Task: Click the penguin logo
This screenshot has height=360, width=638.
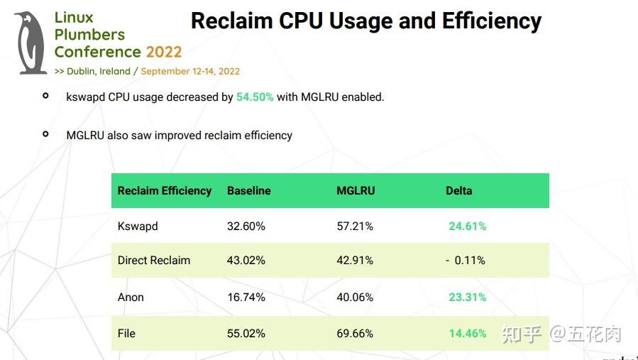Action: (x=31, y=43)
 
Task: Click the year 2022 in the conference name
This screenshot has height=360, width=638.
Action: (x=164, y=52)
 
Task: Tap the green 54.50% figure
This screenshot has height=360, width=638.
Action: (x=255, y=97)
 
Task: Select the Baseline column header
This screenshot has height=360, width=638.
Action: (x=248, y=191)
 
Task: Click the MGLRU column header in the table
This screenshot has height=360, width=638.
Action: (x=356, y=191)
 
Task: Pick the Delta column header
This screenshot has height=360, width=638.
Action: (x=458, y=191)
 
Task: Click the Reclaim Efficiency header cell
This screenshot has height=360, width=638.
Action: (x=165, y=191)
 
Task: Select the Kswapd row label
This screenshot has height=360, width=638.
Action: (x=138, y=227)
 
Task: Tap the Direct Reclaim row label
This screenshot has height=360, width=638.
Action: (x=154, y=261)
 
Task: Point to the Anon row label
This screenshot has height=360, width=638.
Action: (x=131, y=298)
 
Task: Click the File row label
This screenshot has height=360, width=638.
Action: (x=126, y=333)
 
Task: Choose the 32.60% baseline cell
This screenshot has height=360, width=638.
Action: (x=246, y=227)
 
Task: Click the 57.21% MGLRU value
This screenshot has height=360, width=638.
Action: (x=355, y=227)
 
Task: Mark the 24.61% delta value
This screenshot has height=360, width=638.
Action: (x=467, y=227)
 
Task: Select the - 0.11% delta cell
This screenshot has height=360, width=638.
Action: (x=466, y=261)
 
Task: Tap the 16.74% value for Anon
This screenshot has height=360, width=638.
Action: (x=246, y=298)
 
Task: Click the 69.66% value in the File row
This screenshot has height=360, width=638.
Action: (x=355, y=333)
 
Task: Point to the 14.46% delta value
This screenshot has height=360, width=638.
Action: (x=467, y=333)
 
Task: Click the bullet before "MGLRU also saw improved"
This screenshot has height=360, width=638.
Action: (x=46, y=133)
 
